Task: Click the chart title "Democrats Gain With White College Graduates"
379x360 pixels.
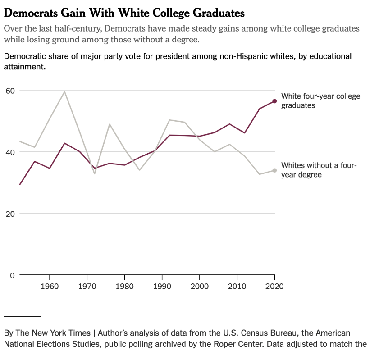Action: click(124, 13)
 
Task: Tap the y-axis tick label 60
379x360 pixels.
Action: click(10, 91)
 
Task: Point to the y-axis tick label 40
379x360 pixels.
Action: click(10, 152)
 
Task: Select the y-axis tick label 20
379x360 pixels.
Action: click(10, 214)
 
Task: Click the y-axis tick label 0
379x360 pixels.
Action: click(13, 275)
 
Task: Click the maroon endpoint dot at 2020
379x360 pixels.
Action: click(274, 101)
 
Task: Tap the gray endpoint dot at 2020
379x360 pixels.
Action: click(274, 170)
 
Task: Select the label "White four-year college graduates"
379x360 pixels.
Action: click(320, 100)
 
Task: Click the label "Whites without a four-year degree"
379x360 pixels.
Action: click(319, 170)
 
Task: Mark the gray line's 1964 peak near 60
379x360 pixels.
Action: click(64, 92)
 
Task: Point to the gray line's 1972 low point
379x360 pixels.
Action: click(95, 173)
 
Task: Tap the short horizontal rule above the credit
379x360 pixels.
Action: click(22, 317)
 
